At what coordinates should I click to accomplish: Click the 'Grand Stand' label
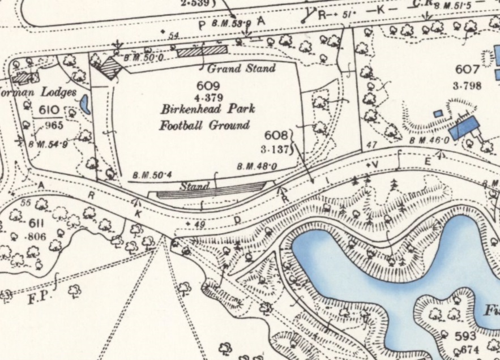pos(241,69)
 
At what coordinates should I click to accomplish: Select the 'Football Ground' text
pos(204,125)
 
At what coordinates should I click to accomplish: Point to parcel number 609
pos(207,84)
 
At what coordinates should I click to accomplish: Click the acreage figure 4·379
pos(207,96)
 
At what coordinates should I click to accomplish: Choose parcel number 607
pos(467,70)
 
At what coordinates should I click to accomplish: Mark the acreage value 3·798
pos(467,87)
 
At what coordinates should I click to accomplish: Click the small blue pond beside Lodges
pos(85,104)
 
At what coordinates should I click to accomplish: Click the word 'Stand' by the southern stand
pos(194,186)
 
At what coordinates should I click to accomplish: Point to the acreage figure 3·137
pos(277,149)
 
